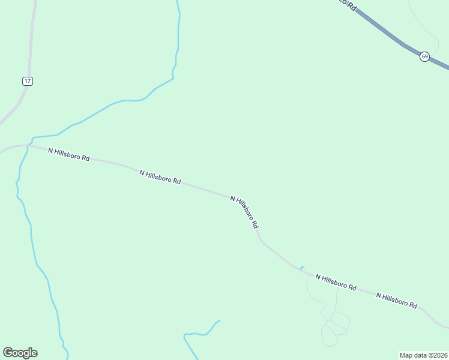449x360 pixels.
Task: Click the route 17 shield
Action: (x=27, y=81)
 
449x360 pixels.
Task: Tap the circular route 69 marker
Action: (x=424, y=56)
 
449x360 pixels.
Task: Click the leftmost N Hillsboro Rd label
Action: (x=68, y=154)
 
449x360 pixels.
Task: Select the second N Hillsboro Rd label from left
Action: (x=160, y=176)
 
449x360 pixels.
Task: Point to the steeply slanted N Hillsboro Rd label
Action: (x=244, y=212)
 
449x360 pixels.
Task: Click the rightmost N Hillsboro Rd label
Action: (x=396, y=300)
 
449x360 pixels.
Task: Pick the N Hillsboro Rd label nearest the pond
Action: (x=336, y=283)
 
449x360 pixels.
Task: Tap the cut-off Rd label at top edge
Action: (x=347, y=4)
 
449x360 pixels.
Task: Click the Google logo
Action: (x=20, y=353)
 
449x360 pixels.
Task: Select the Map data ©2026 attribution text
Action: (x=423, y=355)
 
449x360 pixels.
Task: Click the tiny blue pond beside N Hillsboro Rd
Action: (x=302, y=268)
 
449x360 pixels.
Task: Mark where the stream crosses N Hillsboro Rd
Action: (x=29, y=145)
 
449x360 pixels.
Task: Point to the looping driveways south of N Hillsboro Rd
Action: (x=334, y=324)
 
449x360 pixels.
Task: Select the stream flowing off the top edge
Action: (x=178, y=36)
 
